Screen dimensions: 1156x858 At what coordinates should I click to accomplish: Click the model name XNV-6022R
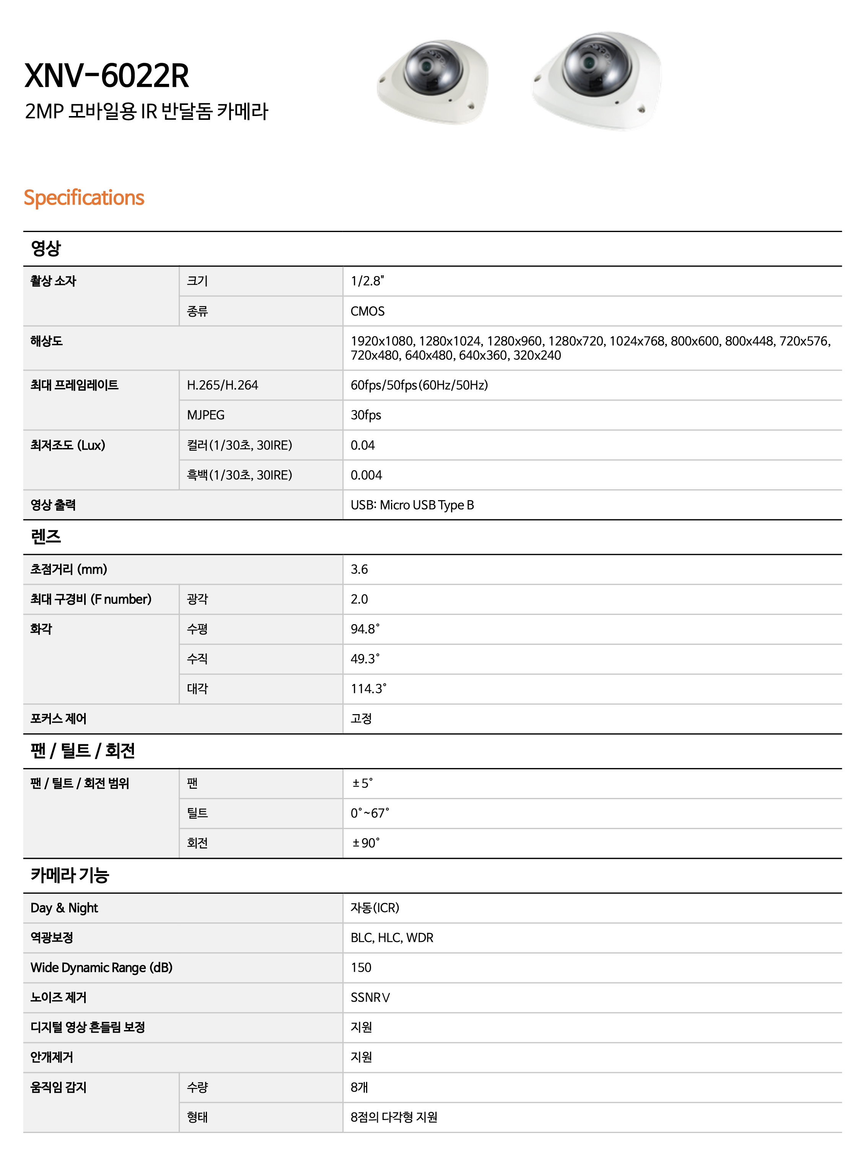pyautogui.click(x=107, y=76)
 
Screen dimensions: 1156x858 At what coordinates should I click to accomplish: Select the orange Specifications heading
pyautogui.click(x=84, y=198)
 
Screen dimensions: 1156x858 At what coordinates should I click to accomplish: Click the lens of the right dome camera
pyautogui.click(x=589, y=63)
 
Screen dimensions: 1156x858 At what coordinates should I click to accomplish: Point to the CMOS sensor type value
pyautogui.click(x=367, y=311)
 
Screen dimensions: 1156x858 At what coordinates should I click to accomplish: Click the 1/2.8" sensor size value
pyautogui.click(x=367, y=281)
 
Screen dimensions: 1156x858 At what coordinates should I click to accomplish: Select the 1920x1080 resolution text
pyautogui.click(x=382, y=342)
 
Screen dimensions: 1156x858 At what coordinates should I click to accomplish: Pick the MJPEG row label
pyautogui.click(x=206, y=415)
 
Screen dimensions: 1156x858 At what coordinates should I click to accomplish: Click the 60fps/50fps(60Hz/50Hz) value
pyautogui.click(x=419, y=385)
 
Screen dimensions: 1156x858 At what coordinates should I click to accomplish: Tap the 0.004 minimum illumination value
pyautogui.click(x=366, y=475)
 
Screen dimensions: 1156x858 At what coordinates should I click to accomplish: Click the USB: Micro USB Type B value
pyautogui.click(x=412, y=505)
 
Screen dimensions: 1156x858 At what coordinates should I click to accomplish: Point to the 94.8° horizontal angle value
pyautogui.click(x=365, y=630)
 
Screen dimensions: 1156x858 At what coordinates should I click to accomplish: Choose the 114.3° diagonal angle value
pyautogui.click(x=368, y=689)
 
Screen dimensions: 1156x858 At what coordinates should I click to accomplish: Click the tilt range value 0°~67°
pyautogui.click(x=370, y=813)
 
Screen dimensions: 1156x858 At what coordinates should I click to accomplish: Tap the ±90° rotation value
pyautogui.click(x=366, y=843)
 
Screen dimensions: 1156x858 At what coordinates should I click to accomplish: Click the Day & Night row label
pyautogui.click(x=64, y=908)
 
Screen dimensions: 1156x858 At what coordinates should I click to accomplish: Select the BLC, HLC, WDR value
pyautogui.click(x=392, y=938)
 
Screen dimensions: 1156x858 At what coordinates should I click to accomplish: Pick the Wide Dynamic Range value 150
pyautogui.click(x=361, y=968)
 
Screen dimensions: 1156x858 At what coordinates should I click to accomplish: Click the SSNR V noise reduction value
pyautogui.click(x=370, y=998)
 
